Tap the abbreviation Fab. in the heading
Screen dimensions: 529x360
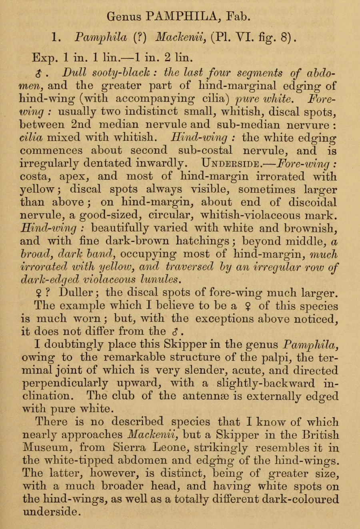238,16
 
